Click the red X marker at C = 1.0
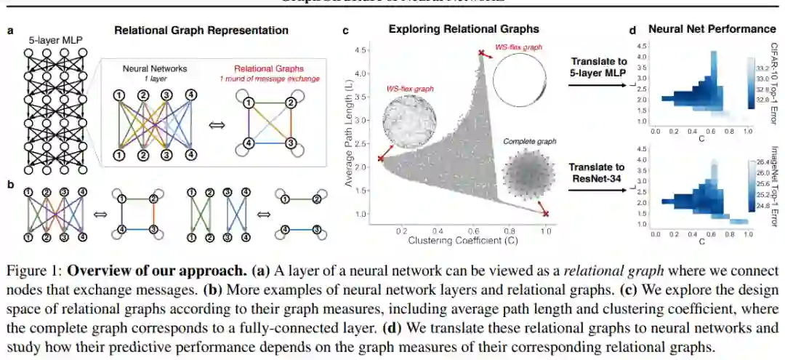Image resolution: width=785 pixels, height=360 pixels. pos(545,214)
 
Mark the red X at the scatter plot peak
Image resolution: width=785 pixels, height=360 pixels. pos(480,52)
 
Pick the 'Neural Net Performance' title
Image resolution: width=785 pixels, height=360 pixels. pos(712,30)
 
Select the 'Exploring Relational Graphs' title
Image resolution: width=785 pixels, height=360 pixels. pos(464,30)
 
